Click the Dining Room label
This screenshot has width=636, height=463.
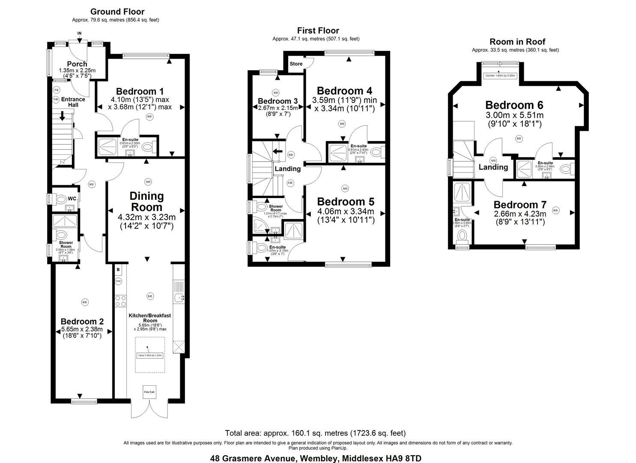[147, 201]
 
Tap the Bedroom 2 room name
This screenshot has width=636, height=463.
[82, 322]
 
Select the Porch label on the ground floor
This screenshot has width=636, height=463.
[77, 64]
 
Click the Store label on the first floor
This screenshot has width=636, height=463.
[296, 64]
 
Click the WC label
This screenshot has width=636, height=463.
[72, 198]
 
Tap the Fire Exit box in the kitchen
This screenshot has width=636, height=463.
[149, 392]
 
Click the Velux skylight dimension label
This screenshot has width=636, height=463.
[150, 355]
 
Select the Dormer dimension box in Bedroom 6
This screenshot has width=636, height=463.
[500, 75]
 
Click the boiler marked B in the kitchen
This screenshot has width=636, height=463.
[118, 270]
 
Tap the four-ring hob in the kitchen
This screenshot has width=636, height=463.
[120, 301]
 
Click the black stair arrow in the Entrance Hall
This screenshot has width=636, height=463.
[63, 116]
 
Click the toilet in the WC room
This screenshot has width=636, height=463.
[59, 199]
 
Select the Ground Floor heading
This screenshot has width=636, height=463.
[117, 12]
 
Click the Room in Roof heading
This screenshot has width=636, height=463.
[517, 42]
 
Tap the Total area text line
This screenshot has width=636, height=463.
[315, 433]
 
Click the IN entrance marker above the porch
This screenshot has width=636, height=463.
[79, 33]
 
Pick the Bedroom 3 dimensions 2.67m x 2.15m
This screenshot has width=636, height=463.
[278, 108]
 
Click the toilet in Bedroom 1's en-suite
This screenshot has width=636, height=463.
[147, 147]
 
